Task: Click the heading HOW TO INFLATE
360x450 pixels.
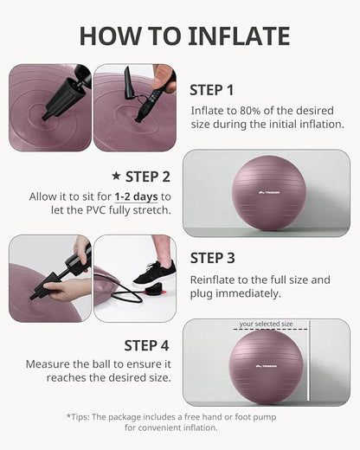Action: click(x=184, y=35)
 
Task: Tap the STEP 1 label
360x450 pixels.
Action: click(x=212, y=89)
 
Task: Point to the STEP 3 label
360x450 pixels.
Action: click(x=213, y=257)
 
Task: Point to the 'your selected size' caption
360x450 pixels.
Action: click(x=267, y=325)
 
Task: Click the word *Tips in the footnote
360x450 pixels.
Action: click(x=78, y=416)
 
